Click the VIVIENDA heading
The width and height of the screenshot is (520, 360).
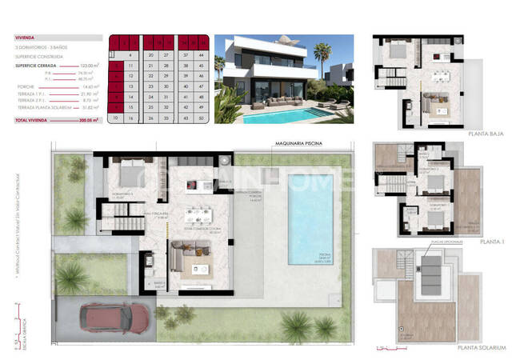tap(26, 37)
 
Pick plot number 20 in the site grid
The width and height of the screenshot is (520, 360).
tap(151, 55)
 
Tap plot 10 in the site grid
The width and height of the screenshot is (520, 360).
tap(116, 118)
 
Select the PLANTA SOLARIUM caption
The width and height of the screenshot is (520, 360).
tap(482, 348)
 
